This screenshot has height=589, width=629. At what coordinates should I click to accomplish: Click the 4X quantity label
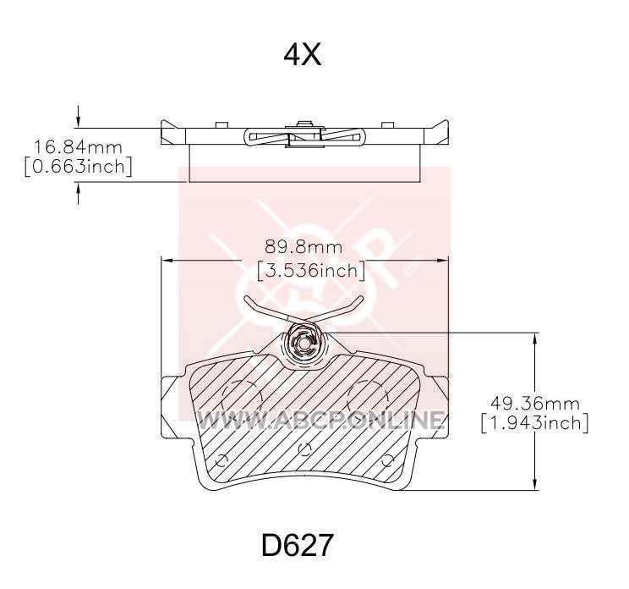(x=303, y=55)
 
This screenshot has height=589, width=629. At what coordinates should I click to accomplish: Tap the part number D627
(x=298, y=546)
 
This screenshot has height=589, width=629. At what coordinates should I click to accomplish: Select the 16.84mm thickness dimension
(x=78, y=147)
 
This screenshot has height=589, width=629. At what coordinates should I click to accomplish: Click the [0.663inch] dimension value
(x=78, y=166)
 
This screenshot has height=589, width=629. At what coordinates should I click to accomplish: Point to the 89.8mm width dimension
(x=304, y=247)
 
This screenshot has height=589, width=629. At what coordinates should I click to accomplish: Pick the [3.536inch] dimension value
(x=311, y=270)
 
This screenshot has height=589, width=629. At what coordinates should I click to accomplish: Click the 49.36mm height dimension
(x=535, y=403)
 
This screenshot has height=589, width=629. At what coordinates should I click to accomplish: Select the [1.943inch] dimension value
(x=534, y=423)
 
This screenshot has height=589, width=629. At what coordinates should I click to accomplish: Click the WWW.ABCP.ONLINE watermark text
(x=321, y=420)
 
